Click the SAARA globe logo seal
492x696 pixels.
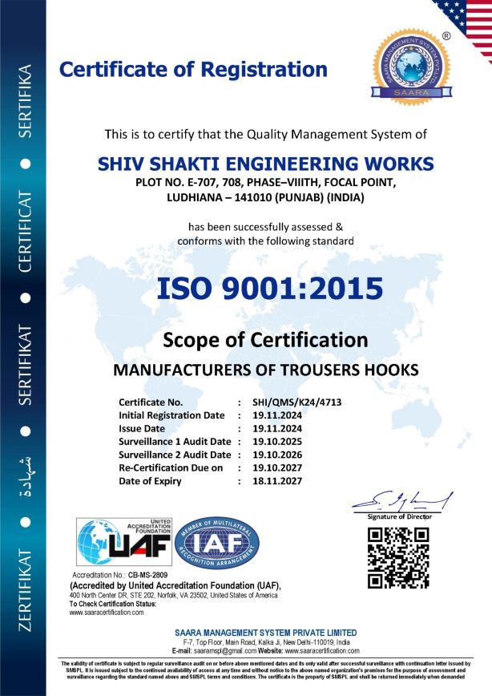pyautogui.click(x=411, y=70)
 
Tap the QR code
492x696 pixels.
pyautogui.click(x=397, y=558)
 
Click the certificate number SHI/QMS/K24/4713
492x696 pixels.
pyautogui.click(x=296, y=403)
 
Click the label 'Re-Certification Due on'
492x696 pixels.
pyautogui.click(x=171, y=467)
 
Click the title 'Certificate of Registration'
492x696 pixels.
pyautogui.click(x=193, y=69)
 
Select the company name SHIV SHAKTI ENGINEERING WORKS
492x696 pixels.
pyautogui.click(x=266, y=164)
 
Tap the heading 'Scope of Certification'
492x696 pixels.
pyautogui.click(x=265, y=339)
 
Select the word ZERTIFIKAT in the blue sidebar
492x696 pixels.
pyautogui.click(x=25, y=589)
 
